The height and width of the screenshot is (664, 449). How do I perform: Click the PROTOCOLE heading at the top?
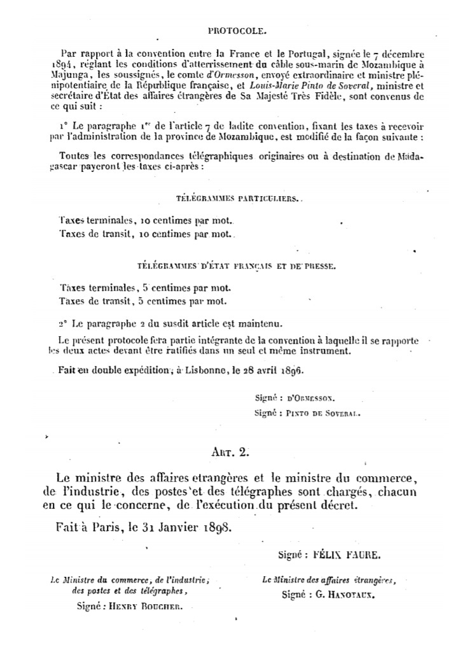pyautogui.click(x=237, y=30)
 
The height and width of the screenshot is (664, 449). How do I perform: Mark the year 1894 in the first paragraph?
pyautogui.click(x=63, y=64)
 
